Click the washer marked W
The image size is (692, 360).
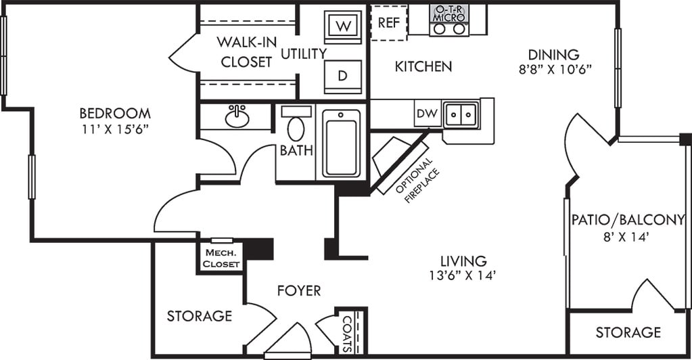343,26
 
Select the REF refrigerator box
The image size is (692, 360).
389,22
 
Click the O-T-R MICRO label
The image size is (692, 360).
449,14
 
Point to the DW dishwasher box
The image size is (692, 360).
428,114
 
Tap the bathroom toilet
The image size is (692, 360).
296,124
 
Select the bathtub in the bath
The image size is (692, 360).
341,143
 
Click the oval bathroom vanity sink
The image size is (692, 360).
237,116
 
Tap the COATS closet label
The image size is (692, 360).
347,334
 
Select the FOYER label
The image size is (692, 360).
299,291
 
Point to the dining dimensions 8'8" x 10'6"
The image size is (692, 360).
555,70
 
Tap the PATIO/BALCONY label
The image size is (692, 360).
628,219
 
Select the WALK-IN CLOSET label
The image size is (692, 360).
246,52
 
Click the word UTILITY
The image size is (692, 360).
304,54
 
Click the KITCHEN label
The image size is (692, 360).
423,67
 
